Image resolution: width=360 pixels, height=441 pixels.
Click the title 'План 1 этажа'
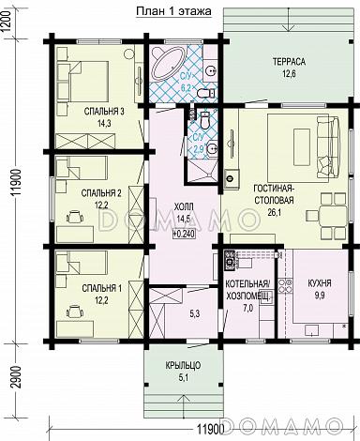(x=173, y=11)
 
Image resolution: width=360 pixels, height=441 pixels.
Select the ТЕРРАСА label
(x=289, y=62)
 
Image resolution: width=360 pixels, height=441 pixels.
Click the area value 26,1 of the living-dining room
(x=275, y=213)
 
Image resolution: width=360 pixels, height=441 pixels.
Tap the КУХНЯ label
(x=320, y=283)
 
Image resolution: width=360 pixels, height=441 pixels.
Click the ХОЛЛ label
(x=184, y=206)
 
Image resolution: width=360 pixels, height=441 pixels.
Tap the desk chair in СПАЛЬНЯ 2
(x=75, y=217)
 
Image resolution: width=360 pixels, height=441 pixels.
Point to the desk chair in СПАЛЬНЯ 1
(x=75, y=312)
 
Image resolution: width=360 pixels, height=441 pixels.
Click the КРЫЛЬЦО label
(x=184, y=365)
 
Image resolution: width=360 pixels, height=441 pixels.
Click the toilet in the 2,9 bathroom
(x=205, y=121)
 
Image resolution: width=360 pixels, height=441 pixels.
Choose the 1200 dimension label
(x=7, y=21)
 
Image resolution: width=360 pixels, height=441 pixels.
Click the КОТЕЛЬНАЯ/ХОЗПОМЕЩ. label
(x=247, y=290)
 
